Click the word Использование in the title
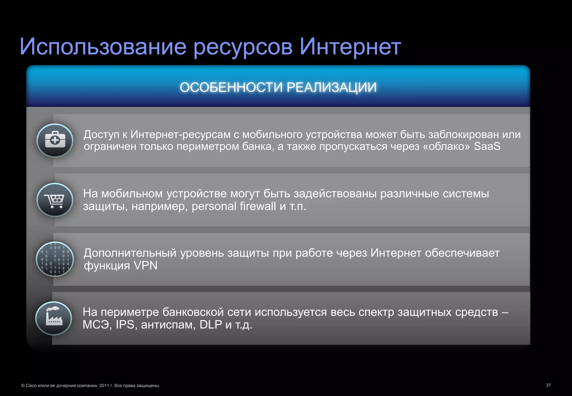point(103,47)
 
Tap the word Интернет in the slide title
point(350,47)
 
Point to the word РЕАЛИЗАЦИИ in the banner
point(332,87)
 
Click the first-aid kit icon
point(55,140)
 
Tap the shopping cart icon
point(55,200)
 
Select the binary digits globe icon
point(55,259)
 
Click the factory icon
point(54,318)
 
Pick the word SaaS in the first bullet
point(487,146)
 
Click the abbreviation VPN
point(146,266)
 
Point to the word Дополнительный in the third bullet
point(130,253)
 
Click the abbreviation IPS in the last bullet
point(125,325)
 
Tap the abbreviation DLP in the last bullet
point(211,325)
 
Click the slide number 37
point(548,385)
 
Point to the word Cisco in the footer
point(31,386)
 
